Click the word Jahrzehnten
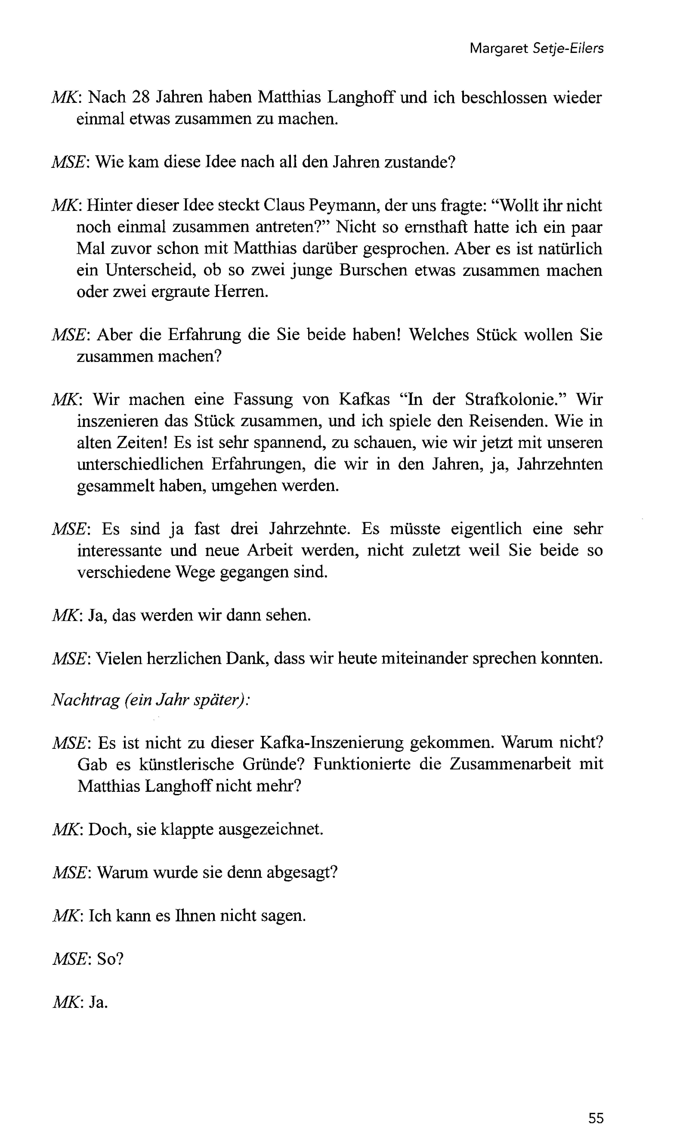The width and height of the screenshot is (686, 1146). coord(559,464)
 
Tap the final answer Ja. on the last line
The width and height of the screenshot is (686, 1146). coord(98,1002)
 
